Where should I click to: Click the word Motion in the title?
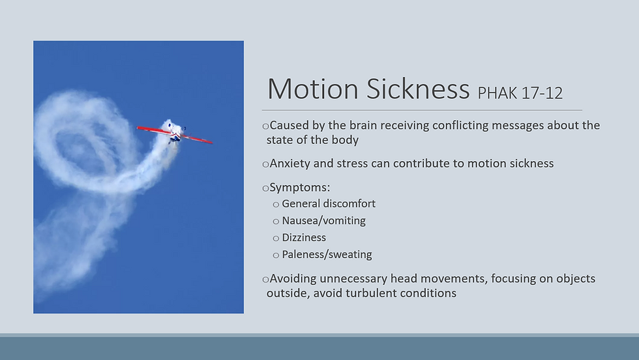click(312, 89)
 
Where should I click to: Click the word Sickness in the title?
click(418, 89)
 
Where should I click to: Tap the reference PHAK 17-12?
click(520, 93)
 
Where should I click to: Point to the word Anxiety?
click(290, 164)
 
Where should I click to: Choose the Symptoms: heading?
click(300, 188)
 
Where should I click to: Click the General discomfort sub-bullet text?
click(329, 203)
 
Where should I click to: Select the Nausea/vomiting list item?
click(323, 220)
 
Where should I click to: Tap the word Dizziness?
click(304, 237)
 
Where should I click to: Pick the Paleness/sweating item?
click(327, 254)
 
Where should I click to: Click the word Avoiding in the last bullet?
click(293, 279)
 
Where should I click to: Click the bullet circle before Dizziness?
click(276, 238)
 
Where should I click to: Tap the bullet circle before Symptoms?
click(265, 188)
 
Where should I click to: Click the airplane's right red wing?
click(197, 139)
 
